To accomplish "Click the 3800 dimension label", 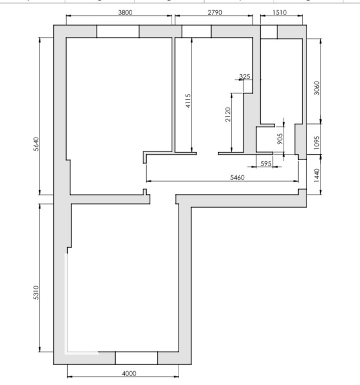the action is tap(125, 12).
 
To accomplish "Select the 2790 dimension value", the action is tap(215, 12).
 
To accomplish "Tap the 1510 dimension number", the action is tap(279, 12).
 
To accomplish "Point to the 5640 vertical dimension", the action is tap(36, 144).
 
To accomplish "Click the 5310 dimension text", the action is tap(36, 292).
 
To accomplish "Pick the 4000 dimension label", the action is tap(129, 373).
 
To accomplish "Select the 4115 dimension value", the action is tap(188, 101).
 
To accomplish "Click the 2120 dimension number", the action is tap(228, 114).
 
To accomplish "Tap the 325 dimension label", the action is tap(244, 76).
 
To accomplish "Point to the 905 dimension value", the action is tap(280, 139).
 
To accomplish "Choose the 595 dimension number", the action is tap(266, 163).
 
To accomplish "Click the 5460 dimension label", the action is tap(237, 177).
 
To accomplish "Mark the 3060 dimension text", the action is tap(317, 88).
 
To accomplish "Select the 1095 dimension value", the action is tap(317, 143).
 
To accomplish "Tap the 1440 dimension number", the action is tap(317, 175).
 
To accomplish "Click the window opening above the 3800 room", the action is tap(118, 32).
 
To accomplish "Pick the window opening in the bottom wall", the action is tap(137, 358).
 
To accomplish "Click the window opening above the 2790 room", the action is tap(196, 32).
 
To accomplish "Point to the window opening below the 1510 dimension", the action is tap(269, 32).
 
